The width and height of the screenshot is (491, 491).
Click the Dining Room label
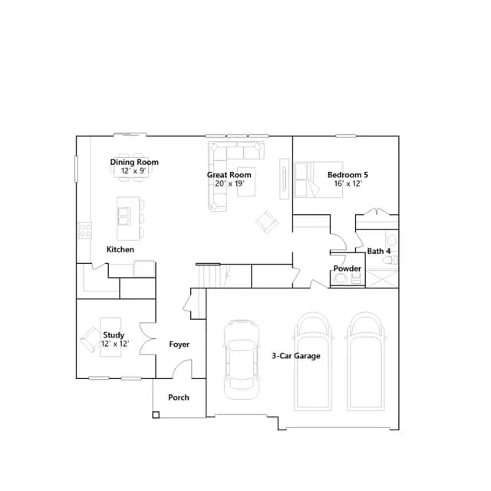click(134, 162)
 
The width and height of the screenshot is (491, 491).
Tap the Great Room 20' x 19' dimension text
click(229, 183)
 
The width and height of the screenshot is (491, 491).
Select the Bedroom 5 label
click(348, 175)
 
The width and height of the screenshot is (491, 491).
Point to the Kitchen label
click(120, 249)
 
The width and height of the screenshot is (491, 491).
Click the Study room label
click(114, 335)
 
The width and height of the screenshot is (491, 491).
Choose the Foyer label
click(179, 344)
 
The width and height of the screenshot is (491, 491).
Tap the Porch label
click(179, 397)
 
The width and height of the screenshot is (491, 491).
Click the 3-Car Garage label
click(296, 356)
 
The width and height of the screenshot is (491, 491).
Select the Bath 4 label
click(378, 251)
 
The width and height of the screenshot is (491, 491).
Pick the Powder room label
click(347, 269)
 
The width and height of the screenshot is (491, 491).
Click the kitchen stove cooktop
click(85, 230)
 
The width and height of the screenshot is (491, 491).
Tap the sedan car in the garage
click(241, 360)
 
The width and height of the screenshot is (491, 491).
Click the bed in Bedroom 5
click(318, 180)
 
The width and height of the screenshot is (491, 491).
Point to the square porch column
click(156, 415)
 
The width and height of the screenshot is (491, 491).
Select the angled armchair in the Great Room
click(267, 222)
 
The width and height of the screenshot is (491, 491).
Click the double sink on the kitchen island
click(124, 216)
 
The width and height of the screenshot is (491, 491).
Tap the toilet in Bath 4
click(390, 260)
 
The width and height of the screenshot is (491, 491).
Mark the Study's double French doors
click(148, 339)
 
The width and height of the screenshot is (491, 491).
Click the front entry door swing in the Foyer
click(183, 368)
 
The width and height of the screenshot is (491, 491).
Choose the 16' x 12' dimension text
click(348, 183)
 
